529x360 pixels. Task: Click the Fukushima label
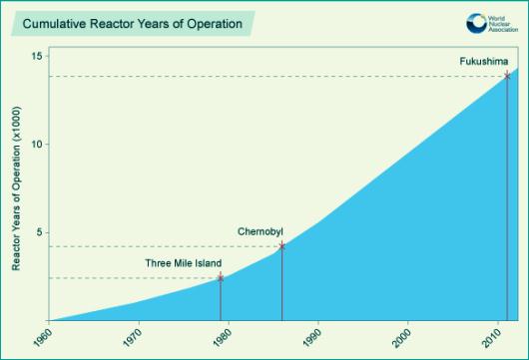coord(484,62)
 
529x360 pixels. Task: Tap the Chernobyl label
coord(261,232)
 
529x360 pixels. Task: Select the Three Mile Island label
coord(184,263)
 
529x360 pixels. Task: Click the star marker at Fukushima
coord(507,76)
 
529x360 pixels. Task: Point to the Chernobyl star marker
coord(282,246)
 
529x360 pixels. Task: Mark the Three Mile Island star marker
coord(221,278)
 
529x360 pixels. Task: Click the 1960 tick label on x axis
coord(43,337)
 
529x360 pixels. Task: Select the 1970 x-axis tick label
coord(132,337)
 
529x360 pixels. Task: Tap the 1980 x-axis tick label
coord(222,337)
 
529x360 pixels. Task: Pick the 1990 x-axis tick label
coord(311,337)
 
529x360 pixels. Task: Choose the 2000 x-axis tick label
coord(401,337)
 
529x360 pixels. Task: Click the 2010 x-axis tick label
coord(491,337)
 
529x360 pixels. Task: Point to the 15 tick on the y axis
coord(38,56)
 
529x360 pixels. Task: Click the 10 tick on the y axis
coord(38,145)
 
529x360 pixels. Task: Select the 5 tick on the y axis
coord(40,232)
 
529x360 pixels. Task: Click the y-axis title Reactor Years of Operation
coord(16,188)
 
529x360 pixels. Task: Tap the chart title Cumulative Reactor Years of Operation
coord(132,24)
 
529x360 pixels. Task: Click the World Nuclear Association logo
coord(492,23)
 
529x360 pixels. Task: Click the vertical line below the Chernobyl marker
coord(282,283)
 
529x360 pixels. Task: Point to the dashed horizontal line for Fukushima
coord(277,77)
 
